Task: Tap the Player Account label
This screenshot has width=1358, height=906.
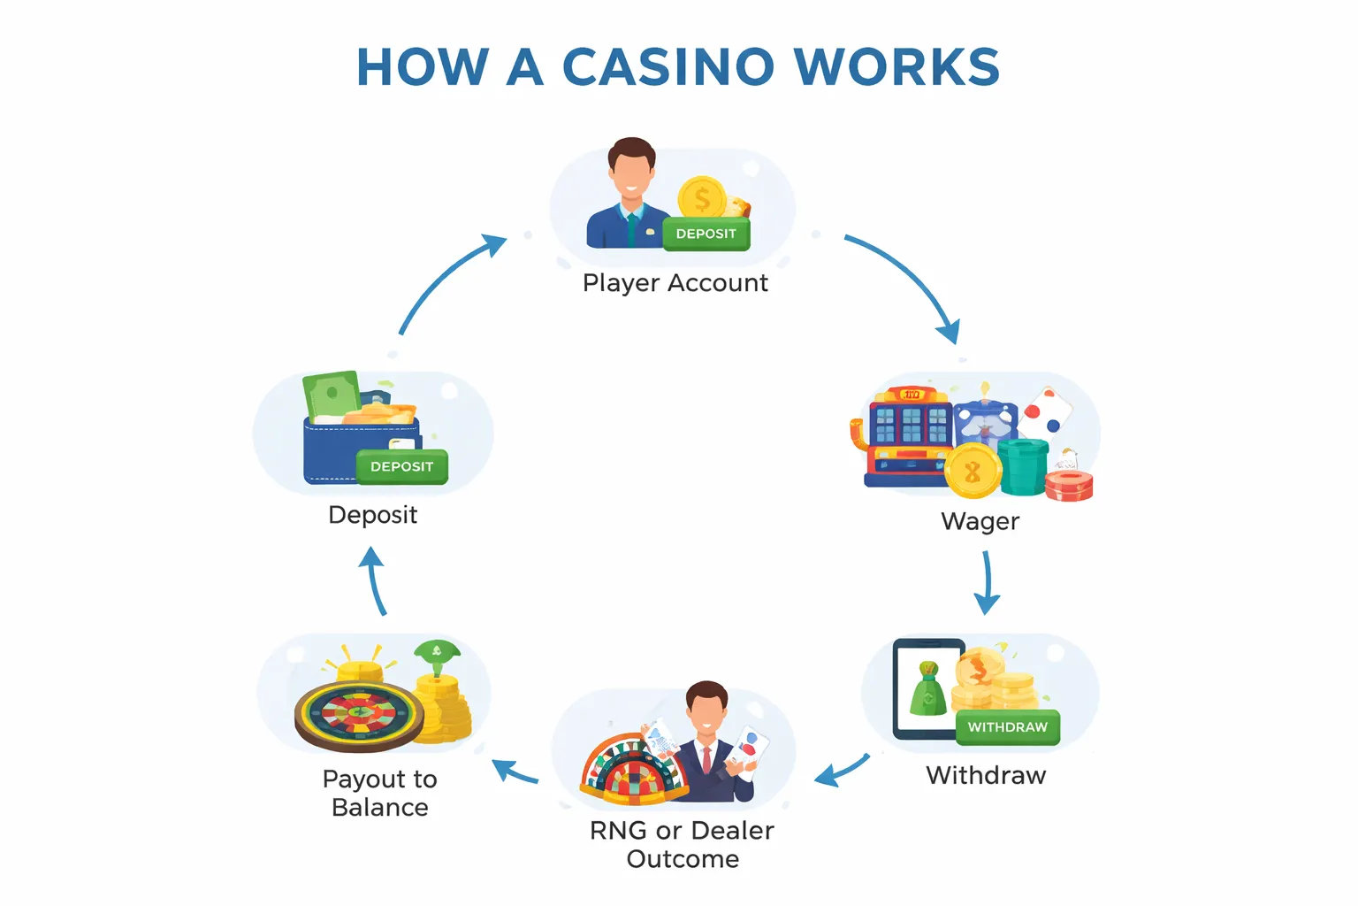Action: pyautogui.click(x=675, y=283)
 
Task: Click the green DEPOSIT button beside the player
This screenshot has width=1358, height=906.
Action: pyautogui.click(x=706, y=234)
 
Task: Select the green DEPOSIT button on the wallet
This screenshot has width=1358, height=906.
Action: pyautogui.click(x=401, y=467)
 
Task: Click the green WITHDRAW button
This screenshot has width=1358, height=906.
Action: pyautogui.click(x=1007, y=727)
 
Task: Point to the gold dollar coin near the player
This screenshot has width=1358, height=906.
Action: pyautogui.click(x=702, y=198)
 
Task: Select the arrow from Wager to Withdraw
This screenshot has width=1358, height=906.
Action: pyautogui.click(x=987, y=582)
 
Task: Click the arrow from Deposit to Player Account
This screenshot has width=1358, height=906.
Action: pyautogui.click(x=446, y=281)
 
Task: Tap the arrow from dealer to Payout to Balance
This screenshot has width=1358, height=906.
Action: pyautogui.click(x=515, y=772)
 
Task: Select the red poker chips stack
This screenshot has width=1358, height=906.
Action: pyautogui.click(x=1069, y=486)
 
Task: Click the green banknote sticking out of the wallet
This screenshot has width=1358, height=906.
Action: pyautogui.click(x=332, y=395)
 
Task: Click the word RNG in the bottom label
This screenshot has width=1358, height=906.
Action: pyautogui.click(x=617, y=831)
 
